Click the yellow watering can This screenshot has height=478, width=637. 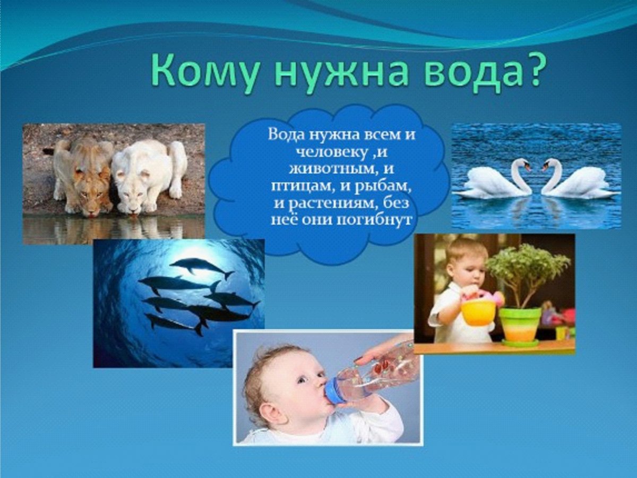[x=478, y=310]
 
